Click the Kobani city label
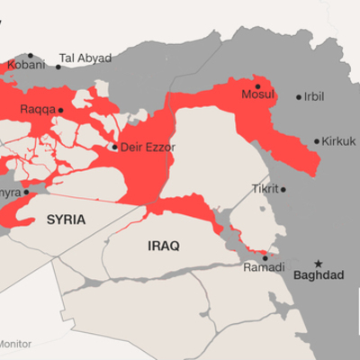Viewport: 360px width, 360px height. click(25, 66)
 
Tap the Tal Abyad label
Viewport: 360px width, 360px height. click(85, 58)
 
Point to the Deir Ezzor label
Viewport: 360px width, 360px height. click(148, 147)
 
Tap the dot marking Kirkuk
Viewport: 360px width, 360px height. click(317, 141)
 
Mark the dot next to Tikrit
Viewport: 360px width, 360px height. click(283, 190)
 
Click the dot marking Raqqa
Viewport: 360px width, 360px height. click(61, 110)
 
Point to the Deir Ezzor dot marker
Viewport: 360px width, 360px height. click(114, 147)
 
